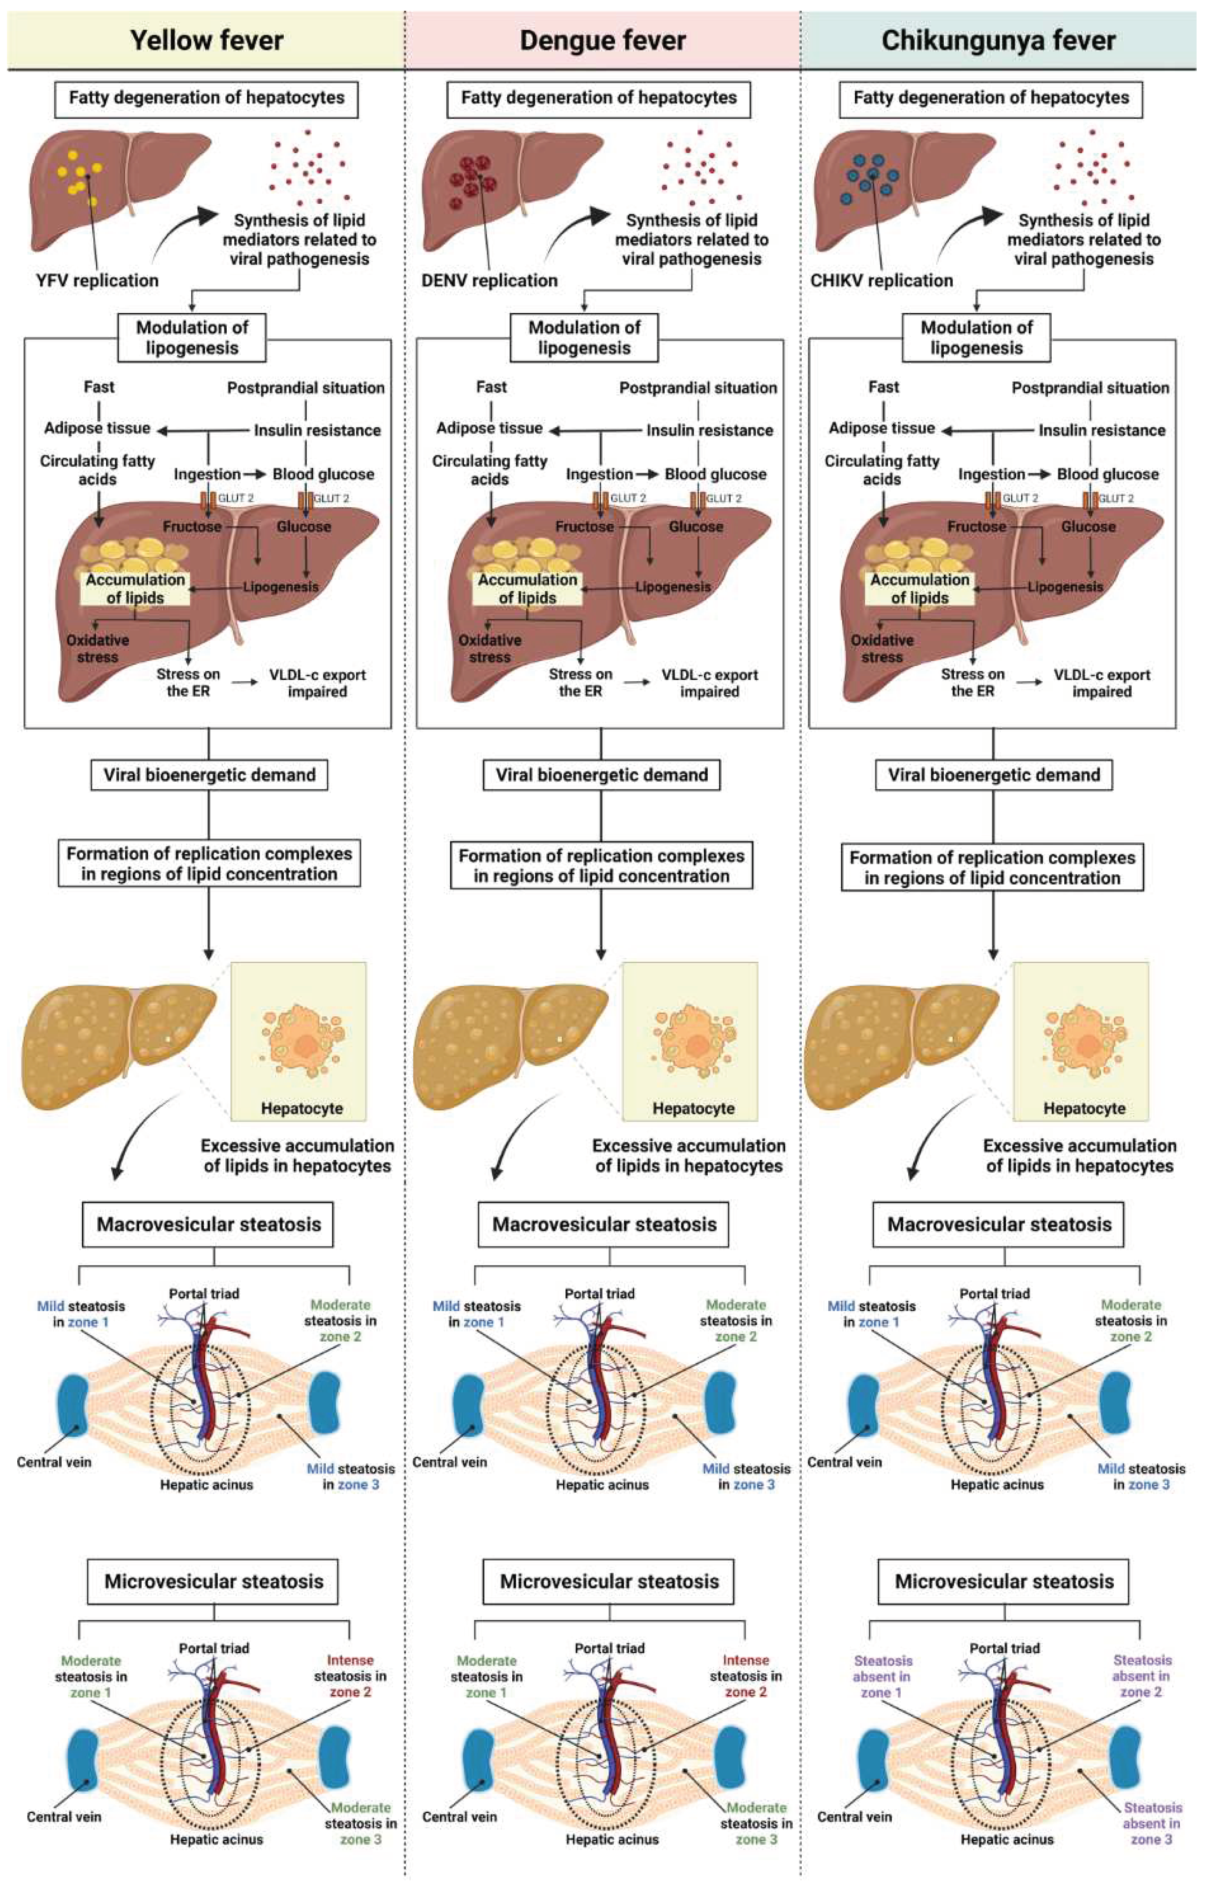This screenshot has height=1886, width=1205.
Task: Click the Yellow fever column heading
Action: click(x=207, y=41)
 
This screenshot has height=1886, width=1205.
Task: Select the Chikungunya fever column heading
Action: click(x=998, y=41)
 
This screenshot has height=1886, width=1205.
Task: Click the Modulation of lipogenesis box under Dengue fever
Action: click(x=584, y=338)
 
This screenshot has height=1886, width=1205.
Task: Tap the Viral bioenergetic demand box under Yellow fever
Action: click(x=209, y=775)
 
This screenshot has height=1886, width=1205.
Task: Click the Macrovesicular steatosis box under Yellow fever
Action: click(x=208, y=1224)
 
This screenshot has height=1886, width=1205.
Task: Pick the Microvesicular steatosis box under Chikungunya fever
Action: click(x=1004, y=1581)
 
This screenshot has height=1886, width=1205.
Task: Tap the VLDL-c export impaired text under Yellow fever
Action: click(x=317, y=683)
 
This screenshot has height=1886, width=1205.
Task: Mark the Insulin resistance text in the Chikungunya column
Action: click(x=1102, y=430)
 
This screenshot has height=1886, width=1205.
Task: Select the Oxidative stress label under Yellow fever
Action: click(x=97, y=648)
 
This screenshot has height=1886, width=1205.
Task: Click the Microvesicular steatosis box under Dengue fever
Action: click(x=609, y=1581)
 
